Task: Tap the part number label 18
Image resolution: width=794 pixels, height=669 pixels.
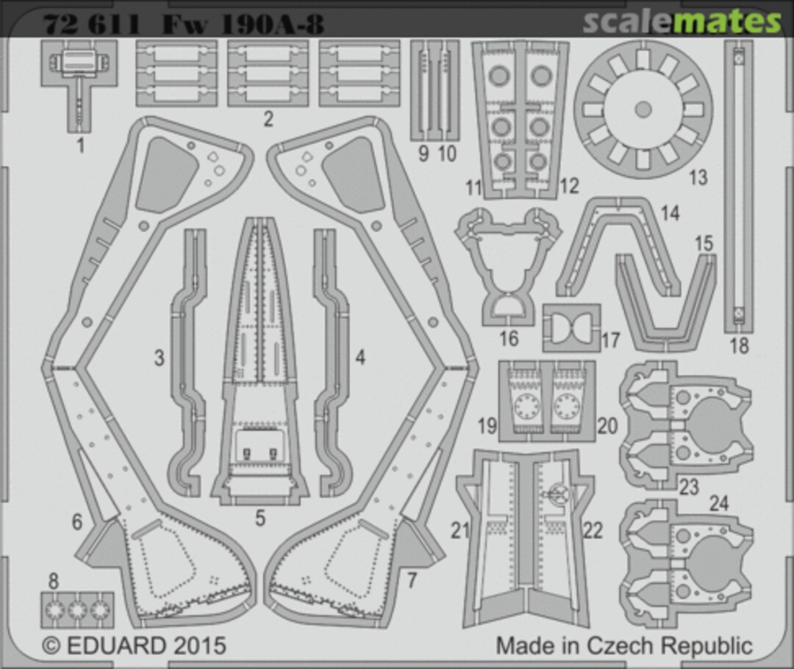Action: point(738,344)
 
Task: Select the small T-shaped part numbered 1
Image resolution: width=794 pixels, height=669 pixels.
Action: point(79,81)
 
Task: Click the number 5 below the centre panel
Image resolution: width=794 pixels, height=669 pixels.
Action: point(260,518)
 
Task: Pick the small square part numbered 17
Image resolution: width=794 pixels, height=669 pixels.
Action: point(571,327)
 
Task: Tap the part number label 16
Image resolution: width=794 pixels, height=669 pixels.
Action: point(508,339)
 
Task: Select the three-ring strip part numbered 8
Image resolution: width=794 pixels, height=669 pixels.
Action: point(77,609)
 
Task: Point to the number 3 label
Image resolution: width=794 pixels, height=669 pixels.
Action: point(159,358)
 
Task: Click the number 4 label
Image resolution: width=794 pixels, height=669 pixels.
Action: point(360,358)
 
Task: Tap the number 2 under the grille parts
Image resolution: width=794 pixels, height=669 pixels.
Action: point(268,119)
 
